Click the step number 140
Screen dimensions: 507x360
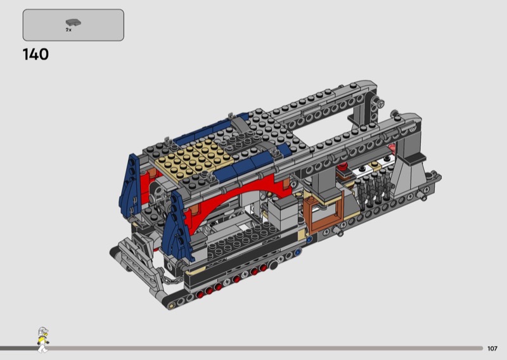(35, 55)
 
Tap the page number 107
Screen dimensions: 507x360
(492, 349)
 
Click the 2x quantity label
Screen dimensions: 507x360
(68, 30)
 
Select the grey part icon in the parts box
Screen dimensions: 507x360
(74, 22)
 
